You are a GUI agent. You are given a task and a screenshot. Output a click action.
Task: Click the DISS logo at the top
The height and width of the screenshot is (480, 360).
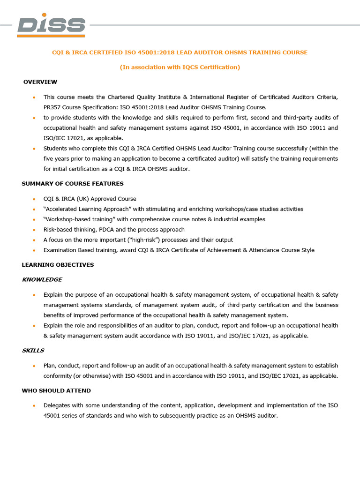click(51, 26)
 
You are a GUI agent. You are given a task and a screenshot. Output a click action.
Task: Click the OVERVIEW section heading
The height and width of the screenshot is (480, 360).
click(40, 82)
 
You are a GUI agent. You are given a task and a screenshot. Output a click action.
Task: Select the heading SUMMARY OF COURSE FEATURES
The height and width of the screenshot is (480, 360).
click(73, 184)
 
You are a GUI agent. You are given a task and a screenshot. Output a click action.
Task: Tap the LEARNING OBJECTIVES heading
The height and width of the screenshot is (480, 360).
click(58, 265)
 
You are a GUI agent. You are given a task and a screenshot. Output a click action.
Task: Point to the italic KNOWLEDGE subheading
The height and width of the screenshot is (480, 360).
click(42, 280)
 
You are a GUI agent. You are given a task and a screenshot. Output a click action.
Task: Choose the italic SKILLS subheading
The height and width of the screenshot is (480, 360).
click(33, 351)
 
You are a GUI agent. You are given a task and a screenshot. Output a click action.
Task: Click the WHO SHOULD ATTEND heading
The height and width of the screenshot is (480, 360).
click(56, 390)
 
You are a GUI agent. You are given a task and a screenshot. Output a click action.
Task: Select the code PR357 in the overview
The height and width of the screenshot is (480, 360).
click(52, 107)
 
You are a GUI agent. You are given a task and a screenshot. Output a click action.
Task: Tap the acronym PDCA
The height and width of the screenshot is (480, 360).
click(104, 230)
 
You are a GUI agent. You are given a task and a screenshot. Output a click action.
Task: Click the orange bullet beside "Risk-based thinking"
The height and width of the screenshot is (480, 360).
click(34, 230)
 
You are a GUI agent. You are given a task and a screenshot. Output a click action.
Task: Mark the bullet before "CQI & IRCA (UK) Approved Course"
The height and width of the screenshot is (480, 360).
click(34, 199)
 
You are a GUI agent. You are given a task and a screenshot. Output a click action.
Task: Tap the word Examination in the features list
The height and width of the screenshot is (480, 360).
click(60, 250)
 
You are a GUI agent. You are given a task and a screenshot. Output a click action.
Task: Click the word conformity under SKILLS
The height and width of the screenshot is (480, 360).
click(59, 376)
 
